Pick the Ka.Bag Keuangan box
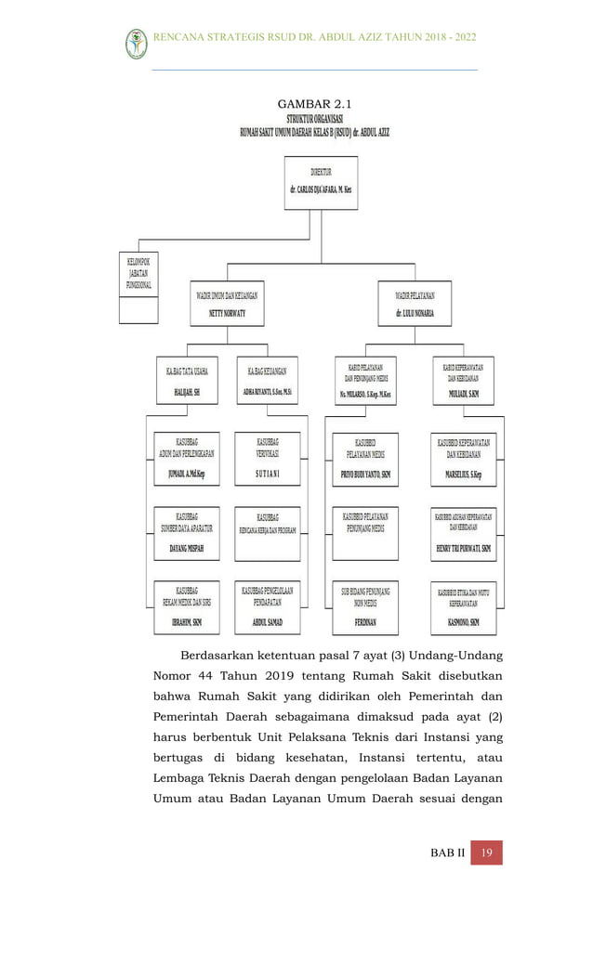click(269, 381)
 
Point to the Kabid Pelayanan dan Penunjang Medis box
click(364, 381)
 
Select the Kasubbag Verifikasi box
click(268, 459)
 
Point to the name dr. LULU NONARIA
click(415, 314)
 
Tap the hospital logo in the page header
click(136, 43)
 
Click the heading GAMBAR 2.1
click(314, 103)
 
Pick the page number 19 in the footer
click(486, 852)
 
